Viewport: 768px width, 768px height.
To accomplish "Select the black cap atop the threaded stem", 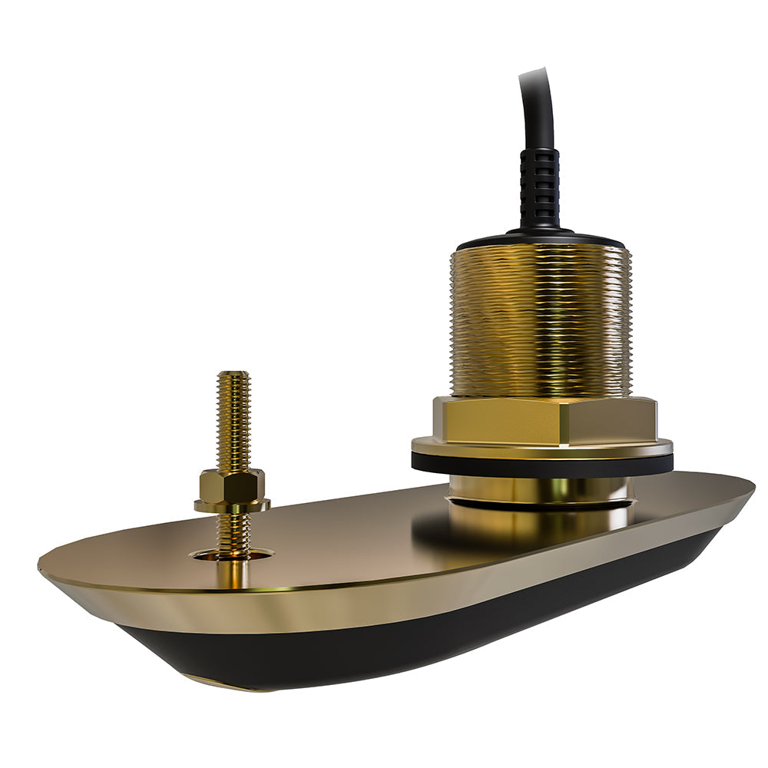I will click(539, 239).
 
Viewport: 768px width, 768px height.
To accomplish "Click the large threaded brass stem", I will click(540, 323).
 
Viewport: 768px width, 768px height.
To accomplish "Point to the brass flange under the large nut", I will click(542, 448).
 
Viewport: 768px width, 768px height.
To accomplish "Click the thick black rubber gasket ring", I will click(542, 465).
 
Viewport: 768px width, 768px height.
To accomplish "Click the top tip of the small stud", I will click(233, 376).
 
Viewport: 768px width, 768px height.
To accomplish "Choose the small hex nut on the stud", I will click(232, 485).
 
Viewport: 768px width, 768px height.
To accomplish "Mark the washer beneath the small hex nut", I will click(232, 505).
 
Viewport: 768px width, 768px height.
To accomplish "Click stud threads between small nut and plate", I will click(233, 530).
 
